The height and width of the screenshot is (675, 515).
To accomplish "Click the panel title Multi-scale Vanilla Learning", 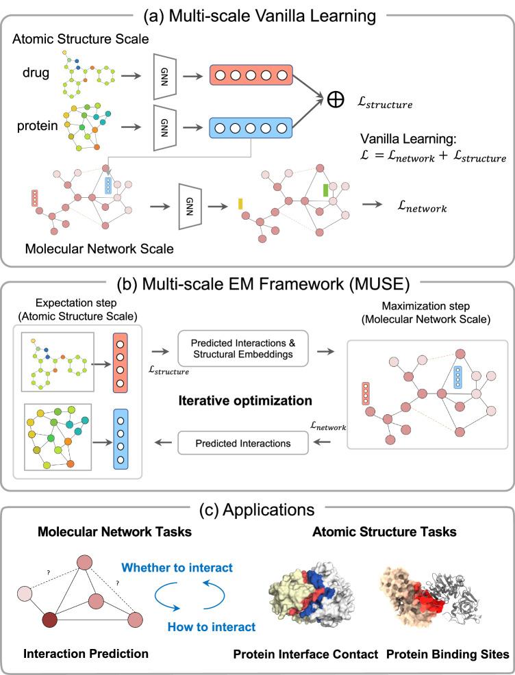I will [257, 12].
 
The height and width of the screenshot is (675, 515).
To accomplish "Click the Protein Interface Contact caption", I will [315, 654].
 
